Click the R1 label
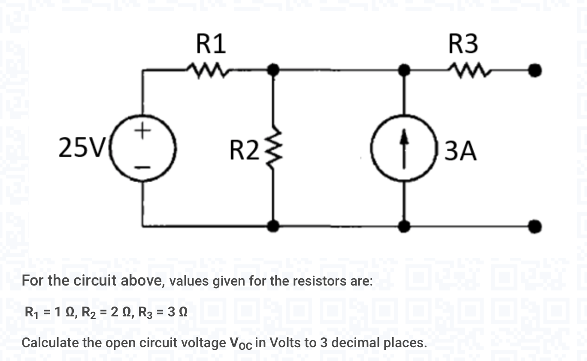(211, 44)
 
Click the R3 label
(463, 44)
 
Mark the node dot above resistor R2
(273, 69)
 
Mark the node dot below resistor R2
(273, 225)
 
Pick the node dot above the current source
(402, 69)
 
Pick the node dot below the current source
(402, 225)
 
